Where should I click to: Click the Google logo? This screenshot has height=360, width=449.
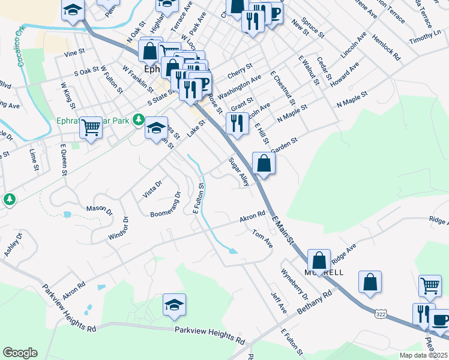click(20, 352)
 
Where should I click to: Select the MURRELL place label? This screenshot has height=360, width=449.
click(324, 272)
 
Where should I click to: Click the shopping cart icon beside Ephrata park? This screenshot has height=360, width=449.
click(91, 127)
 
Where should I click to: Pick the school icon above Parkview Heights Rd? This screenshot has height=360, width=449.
click(174, 304)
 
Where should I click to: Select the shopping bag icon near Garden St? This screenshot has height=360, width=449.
click(264, 162)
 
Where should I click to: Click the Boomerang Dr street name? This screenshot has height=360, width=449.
click(165, 206)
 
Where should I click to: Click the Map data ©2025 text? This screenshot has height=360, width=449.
click(424, 355)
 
